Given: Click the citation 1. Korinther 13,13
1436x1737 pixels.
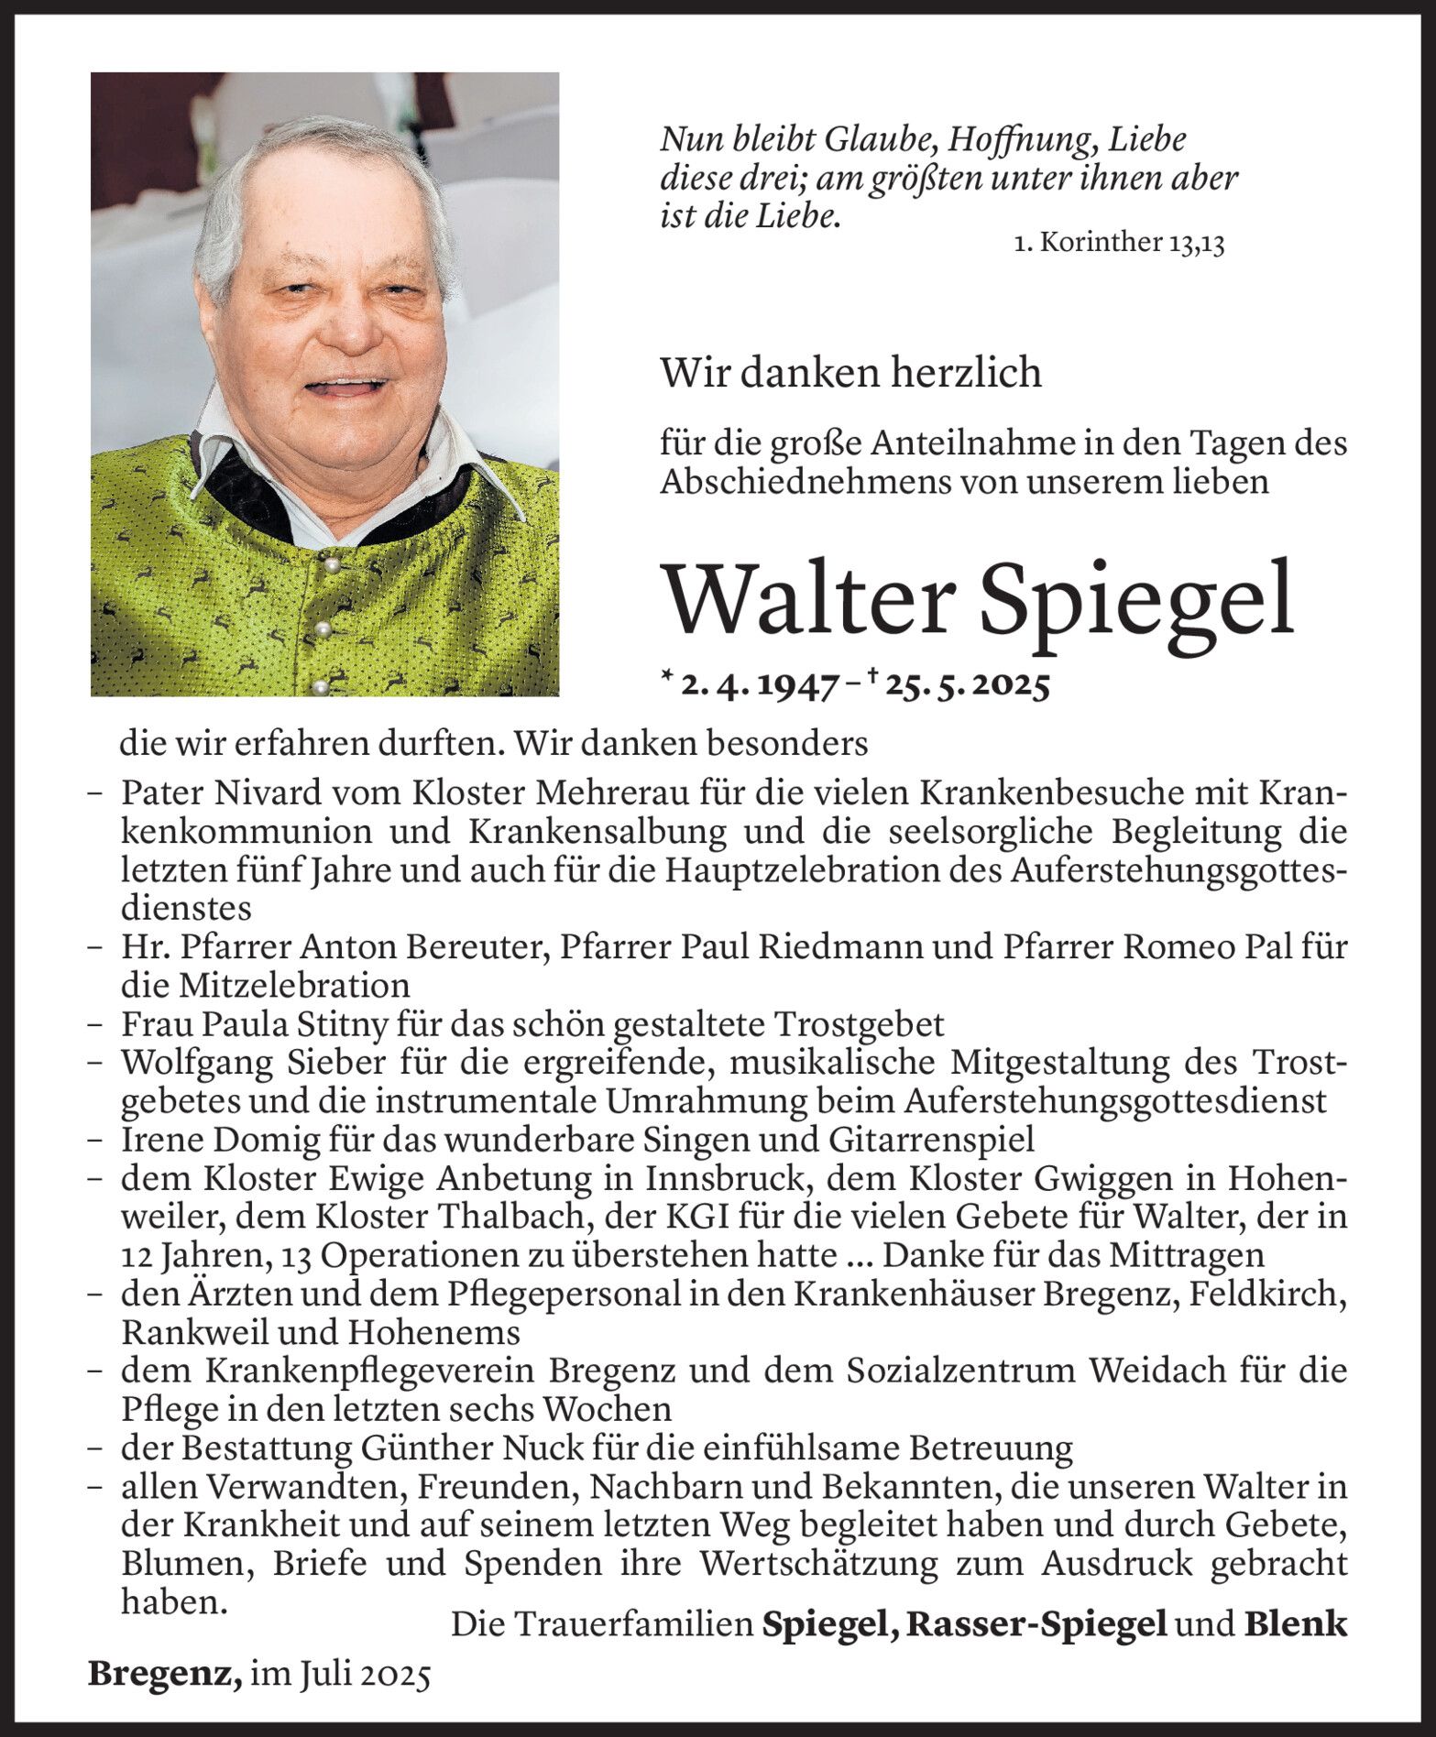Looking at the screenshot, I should [x=1119, y=245].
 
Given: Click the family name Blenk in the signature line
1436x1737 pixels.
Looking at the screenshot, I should [x=1295, y=1625].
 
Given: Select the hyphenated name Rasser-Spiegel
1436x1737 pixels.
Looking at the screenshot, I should [x=1036, y=1625].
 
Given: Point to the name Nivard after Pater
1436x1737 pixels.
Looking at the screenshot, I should [x=254, y=792].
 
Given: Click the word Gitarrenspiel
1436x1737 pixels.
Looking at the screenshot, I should [x=933, y=1141].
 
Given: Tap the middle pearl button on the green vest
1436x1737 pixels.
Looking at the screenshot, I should [x=322, y=630].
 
